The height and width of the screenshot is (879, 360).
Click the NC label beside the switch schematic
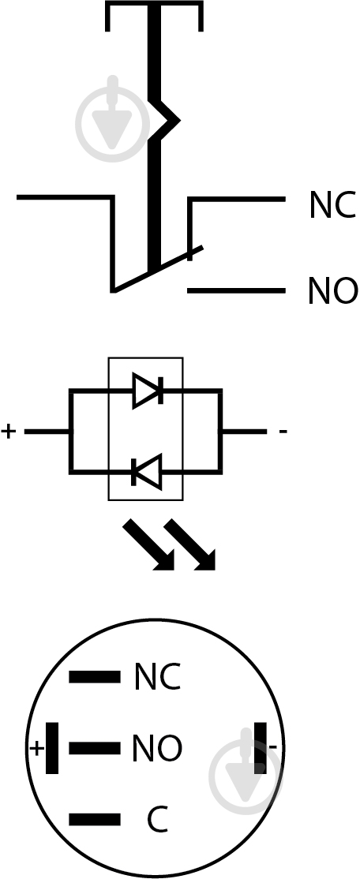(332, 204)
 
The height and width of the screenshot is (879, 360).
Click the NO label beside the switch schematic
(332, 291)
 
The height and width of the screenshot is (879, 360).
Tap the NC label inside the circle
(158, 677)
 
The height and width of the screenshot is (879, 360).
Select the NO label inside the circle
(158, 748)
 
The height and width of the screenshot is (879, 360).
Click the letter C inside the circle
(158, 820)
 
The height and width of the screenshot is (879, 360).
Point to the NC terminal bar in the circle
(95, 677)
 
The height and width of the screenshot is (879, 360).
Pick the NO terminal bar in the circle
(95, 748)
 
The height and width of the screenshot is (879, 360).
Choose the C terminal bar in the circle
(95, 820)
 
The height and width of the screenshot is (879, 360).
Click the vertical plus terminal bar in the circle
(52, 748)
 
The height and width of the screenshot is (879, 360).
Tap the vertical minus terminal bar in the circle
(261, 748)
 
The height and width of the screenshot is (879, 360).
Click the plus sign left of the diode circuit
(9, 432)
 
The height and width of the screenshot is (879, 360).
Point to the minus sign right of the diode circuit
(283, 432)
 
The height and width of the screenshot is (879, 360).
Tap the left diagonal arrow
(149, 545)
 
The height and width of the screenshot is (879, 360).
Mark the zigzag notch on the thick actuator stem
(166, 120)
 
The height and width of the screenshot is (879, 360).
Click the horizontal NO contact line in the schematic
(236, 291)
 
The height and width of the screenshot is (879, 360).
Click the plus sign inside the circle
(36, 748)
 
